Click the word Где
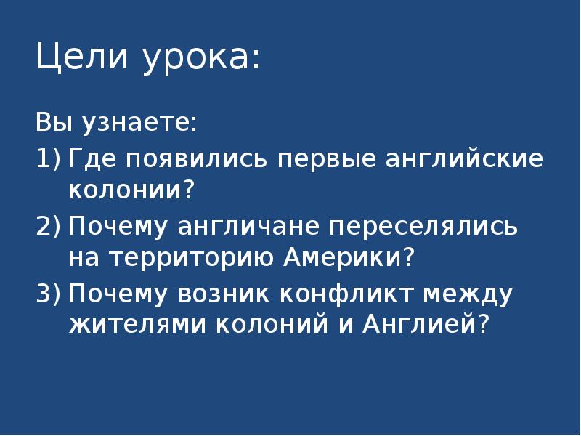(x=94, y=159)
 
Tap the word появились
(x=197, y=159)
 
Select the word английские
(x=460, y=159)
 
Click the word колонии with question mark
(x=132, y=191)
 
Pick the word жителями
(x=136, y=323)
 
